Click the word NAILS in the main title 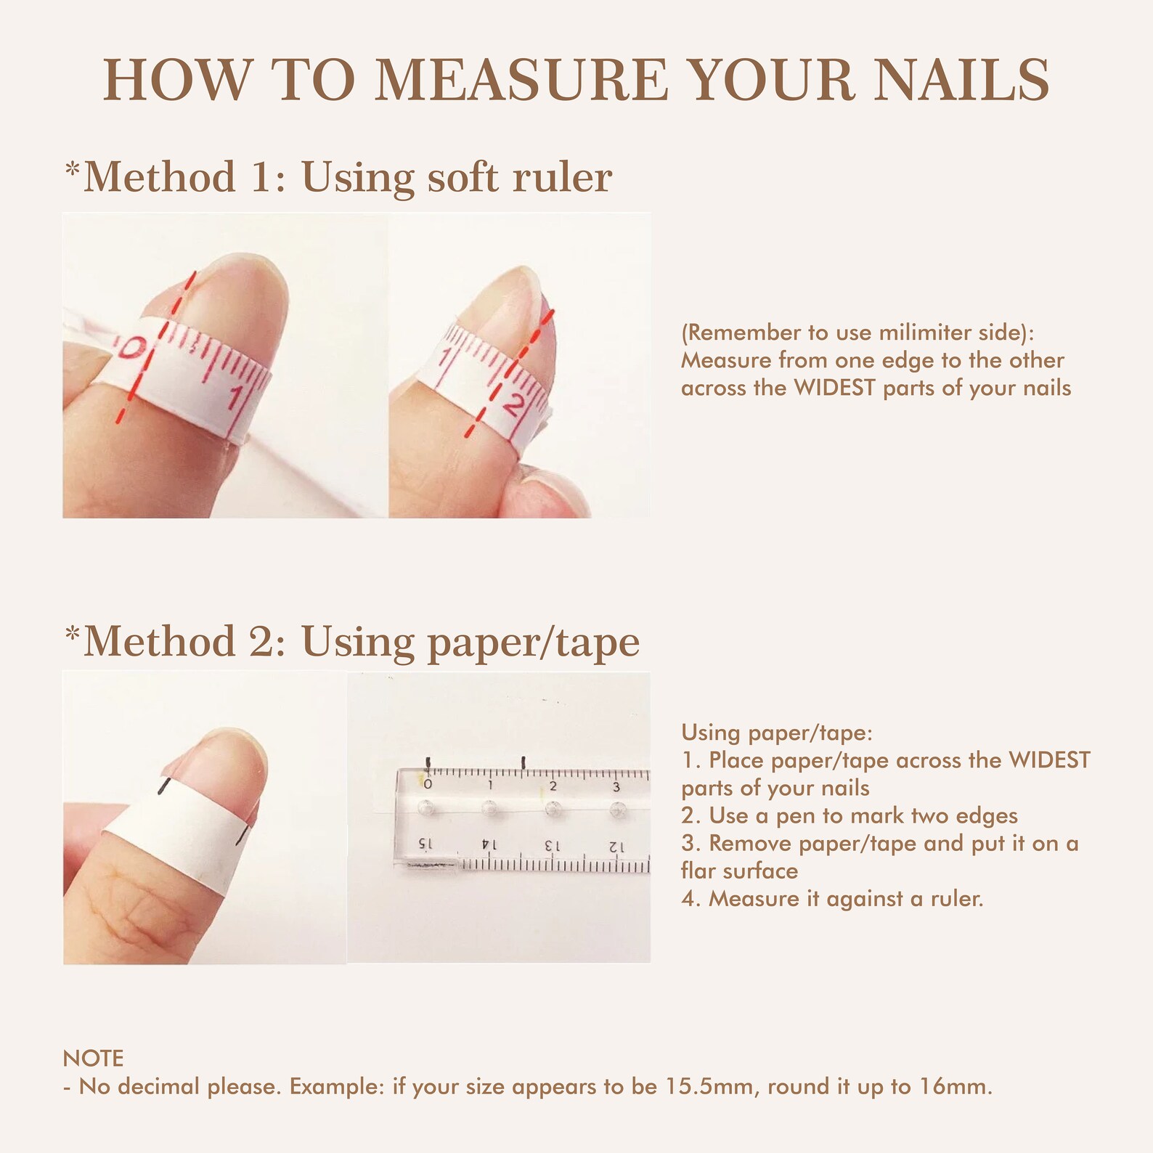click(961, 80)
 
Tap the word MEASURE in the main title click(521, 80)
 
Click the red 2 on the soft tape click(513, 404)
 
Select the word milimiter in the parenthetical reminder click(930, 333)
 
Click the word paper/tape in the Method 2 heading click(533, 642)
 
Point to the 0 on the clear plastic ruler click(428, 785)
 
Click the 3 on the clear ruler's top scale click(616, 786)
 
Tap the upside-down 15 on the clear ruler click(426, 845)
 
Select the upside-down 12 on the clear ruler click(616, 846)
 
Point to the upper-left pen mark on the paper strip click(165, 786)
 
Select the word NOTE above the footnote click(93, 1058)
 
